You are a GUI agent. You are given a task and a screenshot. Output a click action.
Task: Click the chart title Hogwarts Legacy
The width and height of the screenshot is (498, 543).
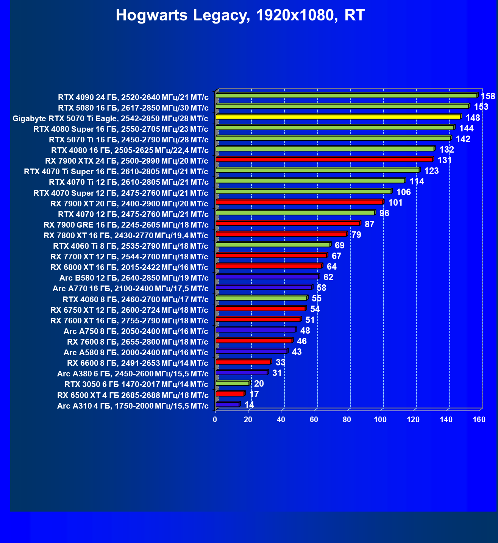coord(240,16)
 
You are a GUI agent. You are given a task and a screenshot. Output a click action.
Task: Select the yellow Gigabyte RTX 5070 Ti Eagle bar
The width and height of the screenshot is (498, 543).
coord(338,117)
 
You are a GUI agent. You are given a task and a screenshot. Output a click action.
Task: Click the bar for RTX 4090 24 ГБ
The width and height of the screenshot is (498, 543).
coord(346,96)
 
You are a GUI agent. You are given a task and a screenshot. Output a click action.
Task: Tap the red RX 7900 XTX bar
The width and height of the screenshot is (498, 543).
coord(324,159)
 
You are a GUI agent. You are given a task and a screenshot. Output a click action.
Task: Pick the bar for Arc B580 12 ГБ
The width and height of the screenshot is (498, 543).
coord(267,277)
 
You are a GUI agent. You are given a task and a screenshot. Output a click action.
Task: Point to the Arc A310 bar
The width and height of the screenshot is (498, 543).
coord(227,404)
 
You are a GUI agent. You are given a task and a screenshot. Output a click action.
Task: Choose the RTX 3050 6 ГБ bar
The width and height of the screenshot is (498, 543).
coord(232,383)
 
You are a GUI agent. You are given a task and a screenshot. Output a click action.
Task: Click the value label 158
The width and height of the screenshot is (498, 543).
coord(488,96)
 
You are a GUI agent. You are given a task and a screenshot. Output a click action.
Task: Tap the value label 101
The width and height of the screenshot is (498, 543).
coord(395,203)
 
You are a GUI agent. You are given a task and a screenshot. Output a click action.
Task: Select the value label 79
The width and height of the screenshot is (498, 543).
coord(356,235)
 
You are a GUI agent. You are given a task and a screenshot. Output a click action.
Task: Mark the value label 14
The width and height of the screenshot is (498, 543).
coord(249,405)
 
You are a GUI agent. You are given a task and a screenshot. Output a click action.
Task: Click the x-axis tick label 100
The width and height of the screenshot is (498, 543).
coord(380,420)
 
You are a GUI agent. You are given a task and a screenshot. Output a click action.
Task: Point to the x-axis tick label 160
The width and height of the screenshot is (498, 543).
coord(479,420)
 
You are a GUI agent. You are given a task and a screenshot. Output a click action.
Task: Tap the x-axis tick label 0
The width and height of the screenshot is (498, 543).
coord(215,420)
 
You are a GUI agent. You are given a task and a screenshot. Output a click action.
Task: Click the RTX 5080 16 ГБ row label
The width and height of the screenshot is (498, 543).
coord(133,108)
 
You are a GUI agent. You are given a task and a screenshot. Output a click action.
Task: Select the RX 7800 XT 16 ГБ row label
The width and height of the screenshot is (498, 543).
coord(126,236)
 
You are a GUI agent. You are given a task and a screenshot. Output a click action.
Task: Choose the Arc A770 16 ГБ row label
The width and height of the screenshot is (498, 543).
coord(130,289)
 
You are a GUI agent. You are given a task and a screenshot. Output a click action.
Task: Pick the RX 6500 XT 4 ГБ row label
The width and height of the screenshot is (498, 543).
coord(133,395)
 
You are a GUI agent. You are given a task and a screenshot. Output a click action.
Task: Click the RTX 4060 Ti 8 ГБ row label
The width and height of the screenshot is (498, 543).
coord(131,246)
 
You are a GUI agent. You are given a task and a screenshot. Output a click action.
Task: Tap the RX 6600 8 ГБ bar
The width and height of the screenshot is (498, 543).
coord(243,362)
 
